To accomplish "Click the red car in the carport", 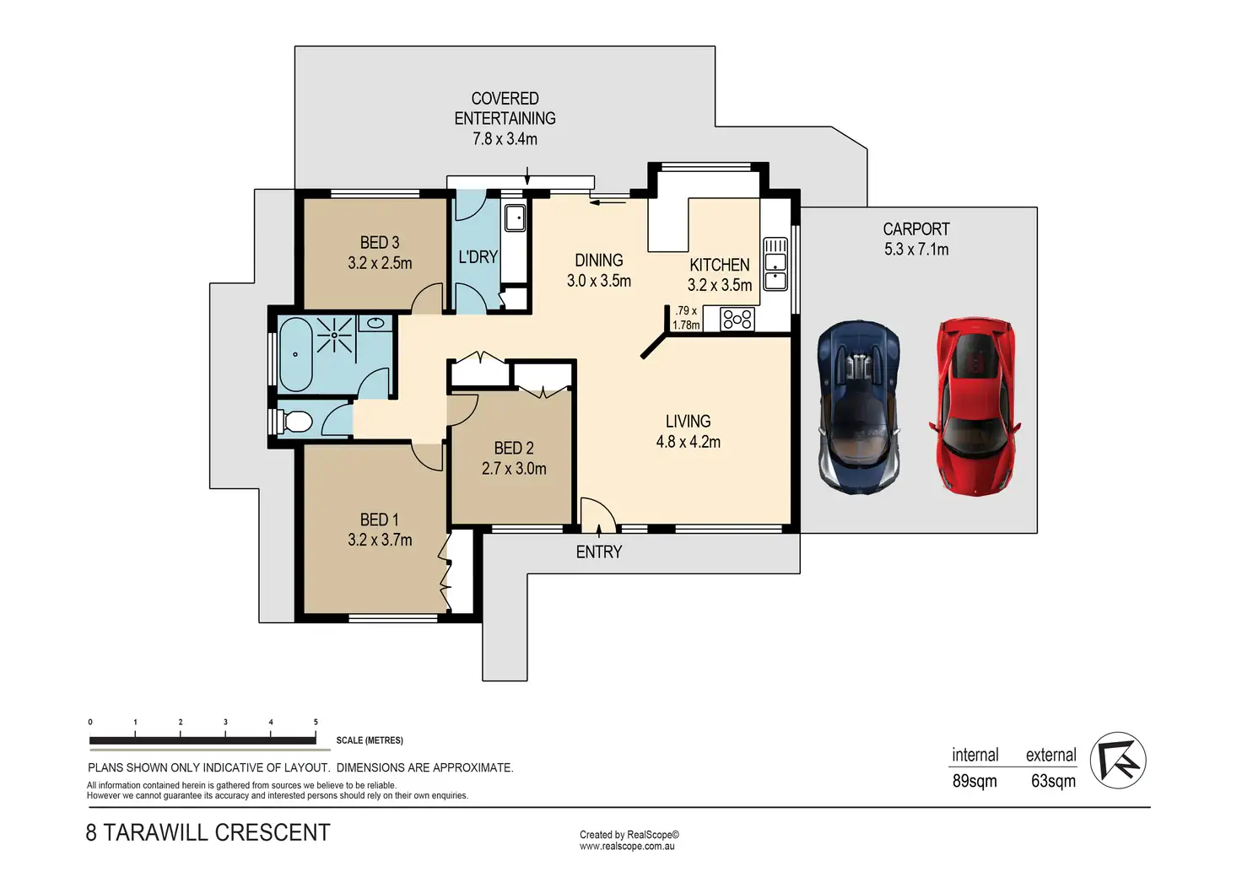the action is [975, 406].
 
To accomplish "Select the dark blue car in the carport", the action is [859, 406].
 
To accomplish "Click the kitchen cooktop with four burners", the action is [737, 319].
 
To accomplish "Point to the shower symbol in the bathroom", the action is [335, 335].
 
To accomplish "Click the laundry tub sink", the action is [515, 218].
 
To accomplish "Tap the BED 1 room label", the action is [380, 530].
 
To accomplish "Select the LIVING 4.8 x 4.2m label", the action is [688, 432].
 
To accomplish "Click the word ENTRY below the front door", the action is [599, 551].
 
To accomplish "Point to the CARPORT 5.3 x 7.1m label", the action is [916, 239].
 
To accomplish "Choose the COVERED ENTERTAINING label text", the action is [505, 108].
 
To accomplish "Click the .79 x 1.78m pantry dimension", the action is [686, 318].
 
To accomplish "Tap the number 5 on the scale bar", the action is [316, 722].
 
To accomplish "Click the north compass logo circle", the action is [1118, 760].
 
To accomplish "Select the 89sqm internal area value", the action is [975, 781].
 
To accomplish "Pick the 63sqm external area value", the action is [1054, 781].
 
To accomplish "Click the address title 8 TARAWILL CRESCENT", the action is [208, 832].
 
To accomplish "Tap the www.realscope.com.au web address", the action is [627, 846].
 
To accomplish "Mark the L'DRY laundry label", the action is [478, 257].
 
